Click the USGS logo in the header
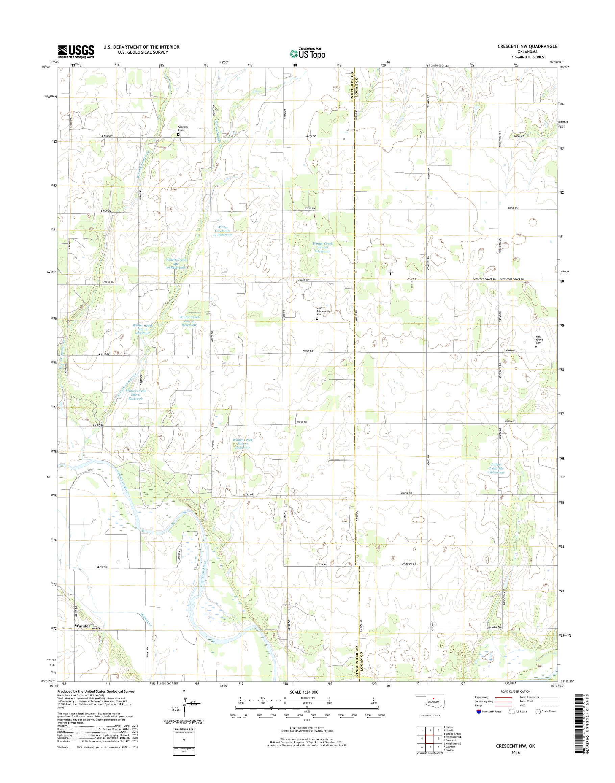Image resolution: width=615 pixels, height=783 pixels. tap(76, 52)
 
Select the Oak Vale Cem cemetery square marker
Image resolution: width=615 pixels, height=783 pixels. tap(178, 135)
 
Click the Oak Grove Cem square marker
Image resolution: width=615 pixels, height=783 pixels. tap(536, 347)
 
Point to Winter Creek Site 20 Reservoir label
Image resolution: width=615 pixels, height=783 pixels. tap(322, 247)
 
